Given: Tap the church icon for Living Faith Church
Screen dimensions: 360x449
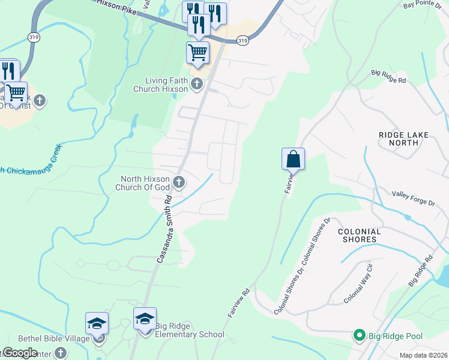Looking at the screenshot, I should point(197,85).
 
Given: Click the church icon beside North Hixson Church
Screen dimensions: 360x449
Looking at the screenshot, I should point(178,182).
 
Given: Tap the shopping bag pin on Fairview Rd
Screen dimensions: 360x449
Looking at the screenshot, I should point(293,160).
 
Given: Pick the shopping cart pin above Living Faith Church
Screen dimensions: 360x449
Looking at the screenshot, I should point(197,53).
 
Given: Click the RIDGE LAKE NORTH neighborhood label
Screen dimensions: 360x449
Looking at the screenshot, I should point(404,139).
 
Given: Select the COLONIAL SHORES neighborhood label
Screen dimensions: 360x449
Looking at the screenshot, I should point(360,235).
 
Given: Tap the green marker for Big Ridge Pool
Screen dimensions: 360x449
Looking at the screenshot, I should point(360,335).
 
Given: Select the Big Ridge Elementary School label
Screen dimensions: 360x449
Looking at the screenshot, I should point(190,330).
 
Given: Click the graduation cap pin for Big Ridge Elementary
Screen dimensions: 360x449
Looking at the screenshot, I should point(145,320).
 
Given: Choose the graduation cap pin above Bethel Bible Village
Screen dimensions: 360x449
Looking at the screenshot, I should point(97,325).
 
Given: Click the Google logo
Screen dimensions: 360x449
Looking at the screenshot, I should point(20,352).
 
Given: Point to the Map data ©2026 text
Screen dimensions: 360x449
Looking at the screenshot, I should point(423,354).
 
